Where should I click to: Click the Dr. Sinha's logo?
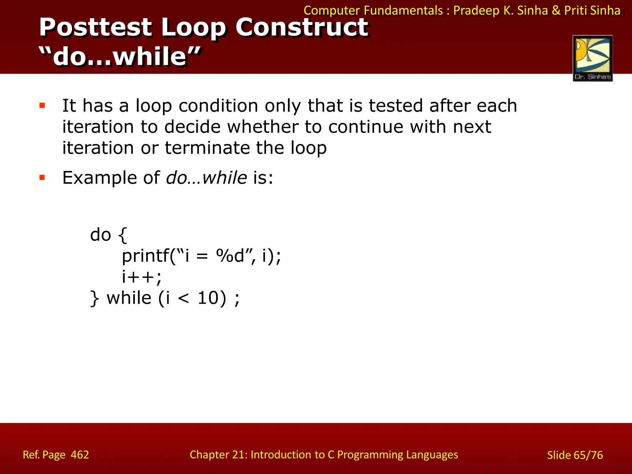pos(592,58)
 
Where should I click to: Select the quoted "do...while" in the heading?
pos(120,56)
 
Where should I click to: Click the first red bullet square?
pos(42,106)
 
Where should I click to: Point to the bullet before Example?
pos(42,177)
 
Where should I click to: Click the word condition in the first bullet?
pos(218,106)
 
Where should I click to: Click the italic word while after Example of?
pos(225,178)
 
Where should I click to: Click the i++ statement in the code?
pos(141,277)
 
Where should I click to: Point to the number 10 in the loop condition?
pos(208,298)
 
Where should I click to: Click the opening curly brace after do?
pos(123,235)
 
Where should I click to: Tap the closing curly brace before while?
pos(94,298)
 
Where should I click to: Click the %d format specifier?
pos(230,256)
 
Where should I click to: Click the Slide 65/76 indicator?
pos(575,455)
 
